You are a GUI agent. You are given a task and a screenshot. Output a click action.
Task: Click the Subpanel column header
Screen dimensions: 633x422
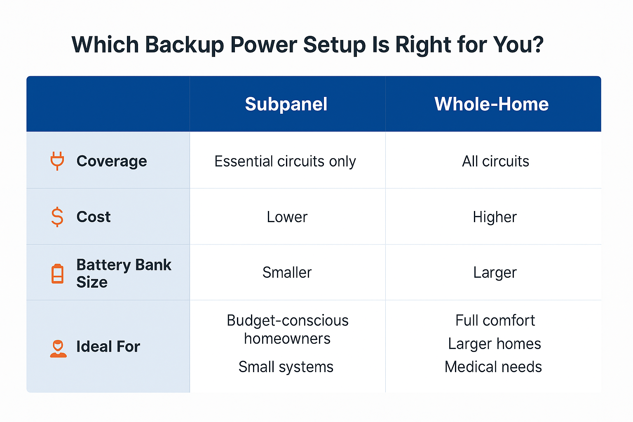[x=286, y=104]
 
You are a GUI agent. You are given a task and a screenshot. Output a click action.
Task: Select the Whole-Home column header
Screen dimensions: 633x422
[x=491, y=104]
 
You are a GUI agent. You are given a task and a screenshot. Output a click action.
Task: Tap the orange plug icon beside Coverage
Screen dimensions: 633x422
[x=57, y=161]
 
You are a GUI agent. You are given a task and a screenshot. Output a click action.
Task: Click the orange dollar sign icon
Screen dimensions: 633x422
[x=57, y=217]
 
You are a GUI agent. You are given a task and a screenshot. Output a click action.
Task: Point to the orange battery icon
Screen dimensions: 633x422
[x=57, y=273]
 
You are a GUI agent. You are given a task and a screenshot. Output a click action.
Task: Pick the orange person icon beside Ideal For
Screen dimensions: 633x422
[x=58, y=349]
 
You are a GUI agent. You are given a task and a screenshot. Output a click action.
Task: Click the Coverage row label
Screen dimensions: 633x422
[x=112, y=162]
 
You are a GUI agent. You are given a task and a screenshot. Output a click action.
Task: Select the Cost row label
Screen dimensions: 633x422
[x=94, y=217]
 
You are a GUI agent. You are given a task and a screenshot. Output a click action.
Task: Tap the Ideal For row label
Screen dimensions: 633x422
[x=108, y=347]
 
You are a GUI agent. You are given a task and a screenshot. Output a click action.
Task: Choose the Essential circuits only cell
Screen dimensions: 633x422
[x=285, y=162]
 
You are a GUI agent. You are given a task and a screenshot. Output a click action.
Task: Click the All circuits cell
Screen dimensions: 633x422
[x=495, y=162]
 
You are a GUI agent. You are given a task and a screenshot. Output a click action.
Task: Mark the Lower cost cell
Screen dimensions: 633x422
[x=287, y=217]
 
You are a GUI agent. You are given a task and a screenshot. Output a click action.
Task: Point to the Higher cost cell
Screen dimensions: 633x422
[x=495, y=217]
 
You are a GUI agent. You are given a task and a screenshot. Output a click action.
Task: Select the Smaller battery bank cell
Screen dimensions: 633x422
[x=287, y=272]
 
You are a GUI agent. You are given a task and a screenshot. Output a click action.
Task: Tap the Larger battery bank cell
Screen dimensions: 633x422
[x=495, y=273]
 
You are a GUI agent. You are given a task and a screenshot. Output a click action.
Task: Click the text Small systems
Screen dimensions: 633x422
[x=286, y=367]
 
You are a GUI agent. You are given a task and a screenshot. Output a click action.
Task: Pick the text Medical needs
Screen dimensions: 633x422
[x=493, y=367]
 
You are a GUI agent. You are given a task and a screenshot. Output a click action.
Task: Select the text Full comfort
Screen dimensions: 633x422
[x=495, y=321]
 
